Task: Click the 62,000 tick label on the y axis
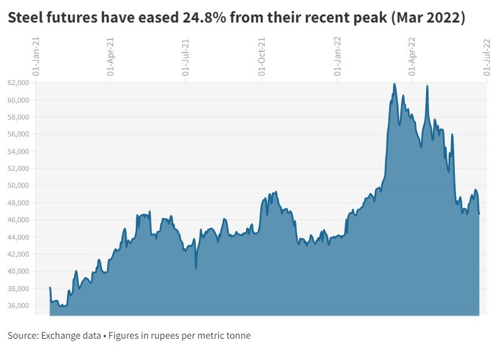click(19, 83)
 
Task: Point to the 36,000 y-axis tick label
click(19, 306)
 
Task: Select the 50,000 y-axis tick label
click(19, 185)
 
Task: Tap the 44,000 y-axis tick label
click(19, 237)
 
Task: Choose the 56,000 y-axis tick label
click(19, 134)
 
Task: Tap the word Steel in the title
click(26, 19)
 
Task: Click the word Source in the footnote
click(23, 336)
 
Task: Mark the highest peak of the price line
click(394, 83)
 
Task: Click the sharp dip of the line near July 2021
click(196, 268)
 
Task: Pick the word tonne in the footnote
click(237, 336)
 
